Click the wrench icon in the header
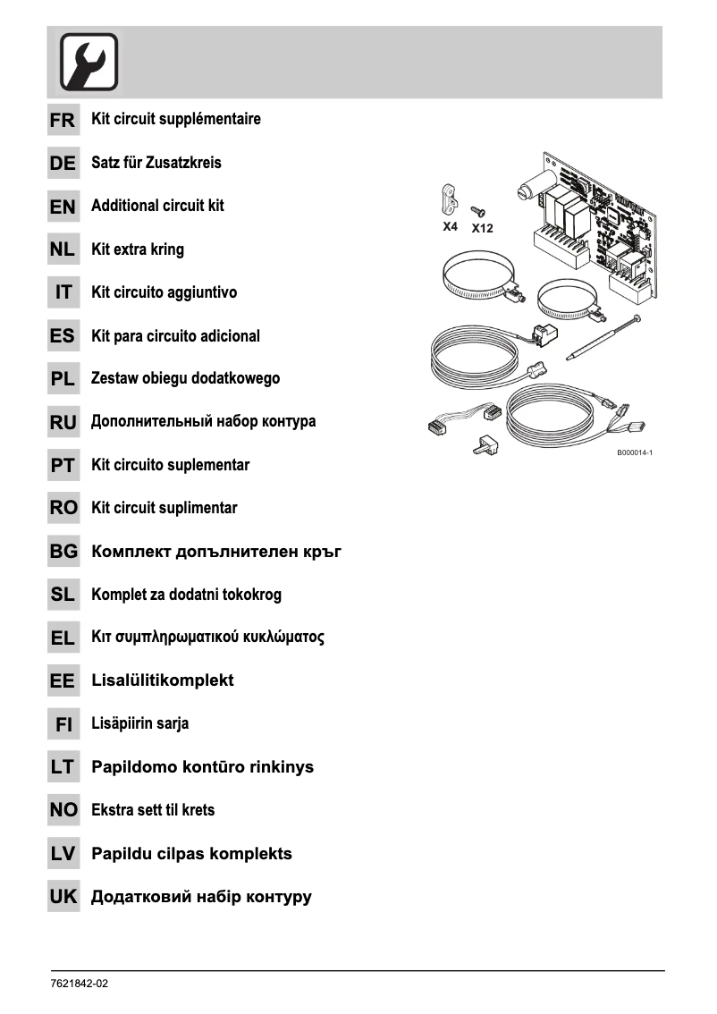[x=89, y=63]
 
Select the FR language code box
[x=63, y=120]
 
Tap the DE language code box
[x=63, y=164]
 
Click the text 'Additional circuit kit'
[x=157, y=206]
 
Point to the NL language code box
[x=63, y=250]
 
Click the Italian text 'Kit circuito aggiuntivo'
[x=164, y=292]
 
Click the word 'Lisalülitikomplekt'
[x=162, y=680]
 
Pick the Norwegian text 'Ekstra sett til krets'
[x=153, y=810]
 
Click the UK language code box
[x=63, y=897]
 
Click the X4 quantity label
[x=451, y=227]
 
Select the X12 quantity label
[x=482, y=228]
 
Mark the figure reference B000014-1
[x=635, y=453]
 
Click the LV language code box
[x=63, y=854]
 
